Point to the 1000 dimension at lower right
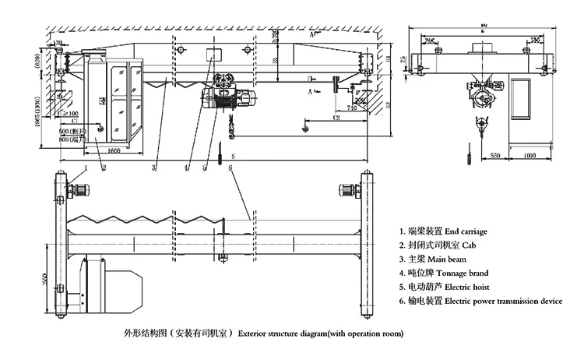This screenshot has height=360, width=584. point(529,156)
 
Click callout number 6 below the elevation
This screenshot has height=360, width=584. point(230,168)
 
